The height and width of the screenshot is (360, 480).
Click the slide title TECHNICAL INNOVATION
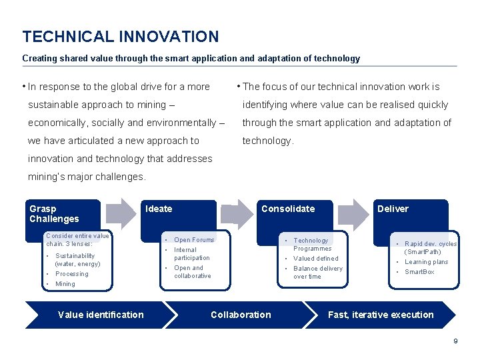coord(120,37)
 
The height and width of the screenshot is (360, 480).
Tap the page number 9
coord(455,341)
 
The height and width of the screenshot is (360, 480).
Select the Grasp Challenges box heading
coord(54,213)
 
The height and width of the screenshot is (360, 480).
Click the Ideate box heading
coord(159,209)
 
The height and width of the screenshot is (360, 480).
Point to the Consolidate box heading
coord(288,209)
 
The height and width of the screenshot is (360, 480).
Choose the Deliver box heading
coord(393,209)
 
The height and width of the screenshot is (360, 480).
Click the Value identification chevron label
coord(101,315)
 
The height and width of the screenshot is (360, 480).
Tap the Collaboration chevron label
coord(241,315)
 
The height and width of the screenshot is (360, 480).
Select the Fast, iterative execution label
coord(381,315)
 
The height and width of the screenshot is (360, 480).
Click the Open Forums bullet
coord(194,240)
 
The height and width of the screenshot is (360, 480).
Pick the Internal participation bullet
coord(191,254)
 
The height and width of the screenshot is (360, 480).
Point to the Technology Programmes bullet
coord(311,244)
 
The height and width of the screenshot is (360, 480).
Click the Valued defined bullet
coord(316,259)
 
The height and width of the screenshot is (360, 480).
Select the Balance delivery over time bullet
coord(317,273)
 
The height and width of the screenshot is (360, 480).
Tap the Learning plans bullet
coord(427,262)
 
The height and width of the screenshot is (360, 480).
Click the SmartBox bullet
coord(419,272)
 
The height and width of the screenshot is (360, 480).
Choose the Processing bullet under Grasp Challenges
coord(71,274)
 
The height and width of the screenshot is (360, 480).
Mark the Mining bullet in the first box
coord(65,284)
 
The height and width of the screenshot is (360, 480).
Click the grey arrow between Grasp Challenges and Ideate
coord(121,213)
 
